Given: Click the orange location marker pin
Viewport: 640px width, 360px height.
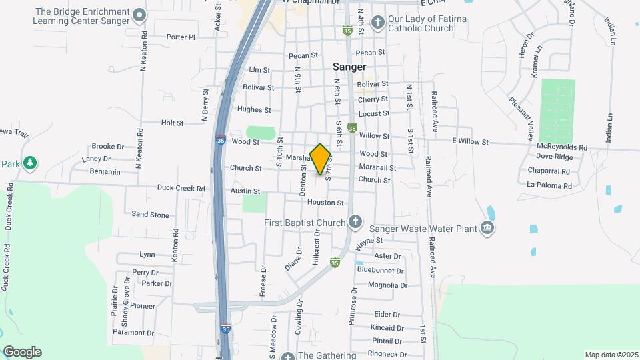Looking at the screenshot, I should coord(321,159).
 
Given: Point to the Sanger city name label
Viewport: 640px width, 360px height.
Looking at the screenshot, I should coord(350,67).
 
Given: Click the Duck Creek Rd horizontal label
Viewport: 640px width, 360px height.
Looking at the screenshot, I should coord(181,189).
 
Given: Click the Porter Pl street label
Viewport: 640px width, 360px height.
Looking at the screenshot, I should coord(181,37).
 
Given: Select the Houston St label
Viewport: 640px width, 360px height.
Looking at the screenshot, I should coord(325,203).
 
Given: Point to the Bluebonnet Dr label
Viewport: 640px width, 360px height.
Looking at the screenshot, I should coord(381,271).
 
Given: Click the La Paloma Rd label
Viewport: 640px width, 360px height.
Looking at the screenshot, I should coord(549,185).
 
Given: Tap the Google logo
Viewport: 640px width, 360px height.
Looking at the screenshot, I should coord(22,352).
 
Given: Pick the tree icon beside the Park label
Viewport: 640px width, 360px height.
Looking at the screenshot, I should coord(29,163).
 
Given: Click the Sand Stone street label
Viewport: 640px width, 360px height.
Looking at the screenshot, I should coord(150,215).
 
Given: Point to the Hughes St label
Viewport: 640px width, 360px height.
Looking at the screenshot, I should coord(254,110).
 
